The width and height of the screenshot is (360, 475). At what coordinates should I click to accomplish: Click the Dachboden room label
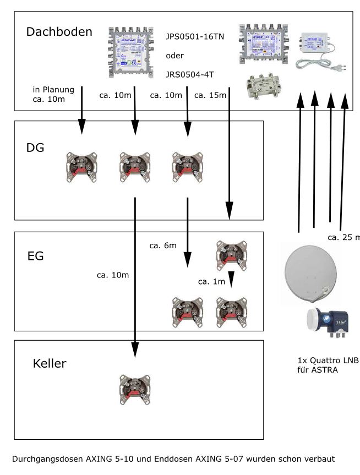pos(59,32)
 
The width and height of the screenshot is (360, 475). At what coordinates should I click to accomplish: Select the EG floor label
pos(35,256)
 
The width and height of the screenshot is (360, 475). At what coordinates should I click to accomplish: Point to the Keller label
pos(50,363)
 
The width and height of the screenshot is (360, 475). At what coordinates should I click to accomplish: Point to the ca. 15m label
pos(210,96)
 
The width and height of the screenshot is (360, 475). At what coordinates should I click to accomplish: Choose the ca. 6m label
pos(162,245)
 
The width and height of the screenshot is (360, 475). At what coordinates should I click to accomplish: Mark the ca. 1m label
pos(212,281)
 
